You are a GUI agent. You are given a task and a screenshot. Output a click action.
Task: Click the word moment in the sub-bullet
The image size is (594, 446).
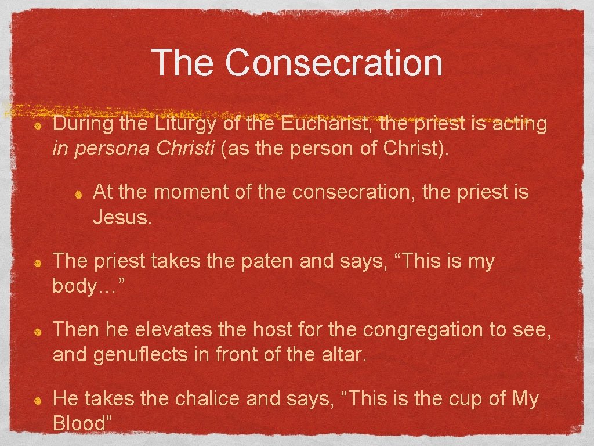(x=189, y=192)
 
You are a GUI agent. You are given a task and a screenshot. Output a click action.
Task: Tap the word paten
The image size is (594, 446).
(x=267, y=261)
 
